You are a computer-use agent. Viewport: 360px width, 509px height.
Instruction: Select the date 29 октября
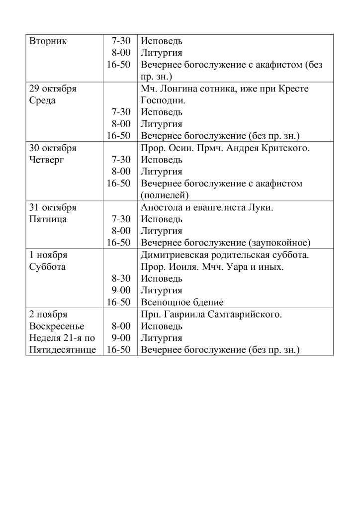pyautogui.click(x=52, y=88)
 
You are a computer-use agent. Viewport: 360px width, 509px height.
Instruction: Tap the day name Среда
pyautogui.click(x=42, y=100)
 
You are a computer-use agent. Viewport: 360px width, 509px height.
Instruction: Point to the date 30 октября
pyautogui.click(x=52, y=148)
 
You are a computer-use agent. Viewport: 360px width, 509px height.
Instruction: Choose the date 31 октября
pyautogui.click(x=52, y=207)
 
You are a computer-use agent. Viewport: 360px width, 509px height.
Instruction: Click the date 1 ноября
pyautogui.click(x=48, y=255)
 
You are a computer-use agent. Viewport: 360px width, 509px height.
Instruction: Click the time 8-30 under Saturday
pyautogui.click(x=121, y=278)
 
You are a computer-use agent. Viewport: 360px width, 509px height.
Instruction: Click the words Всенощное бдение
pyautogui.click(x=182, y=302)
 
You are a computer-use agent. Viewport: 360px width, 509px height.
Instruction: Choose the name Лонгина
pyautogui.click(x=176, y=88)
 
